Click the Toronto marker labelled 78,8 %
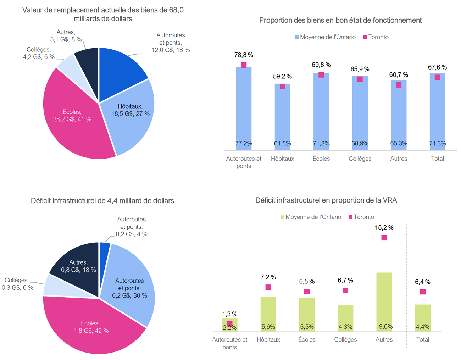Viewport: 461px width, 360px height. point(244,65)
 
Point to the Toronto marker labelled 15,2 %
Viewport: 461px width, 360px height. point(384,238)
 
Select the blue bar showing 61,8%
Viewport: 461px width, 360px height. point(282,117)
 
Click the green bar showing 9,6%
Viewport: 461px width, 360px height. point(384,301)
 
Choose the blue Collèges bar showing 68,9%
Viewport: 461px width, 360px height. point(360,113)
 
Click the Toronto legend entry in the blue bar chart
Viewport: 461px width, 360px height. point(376,37)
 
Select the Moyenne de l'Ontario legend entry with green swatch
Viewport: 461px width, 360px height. point(311,217)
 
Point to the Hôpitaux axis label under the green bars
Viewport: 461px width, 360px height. point(268,339)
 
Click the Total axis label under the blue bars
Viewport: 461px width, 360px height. point(437,159)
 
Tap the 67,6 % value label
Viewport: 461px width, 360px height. point(437,67)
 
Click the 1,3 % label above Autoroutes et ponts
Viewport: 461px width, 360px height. point(230,314)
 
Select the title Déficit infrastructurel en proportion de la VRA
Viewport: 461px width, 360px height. point(326,200)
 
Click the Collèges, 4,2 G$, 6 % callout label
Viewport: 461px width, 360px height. point(39,53)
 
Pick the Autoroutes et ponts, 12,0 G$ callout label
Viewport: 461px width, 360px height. point(171,43)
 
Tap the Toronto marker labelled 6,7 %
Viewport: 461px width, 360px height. point(345,290)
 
